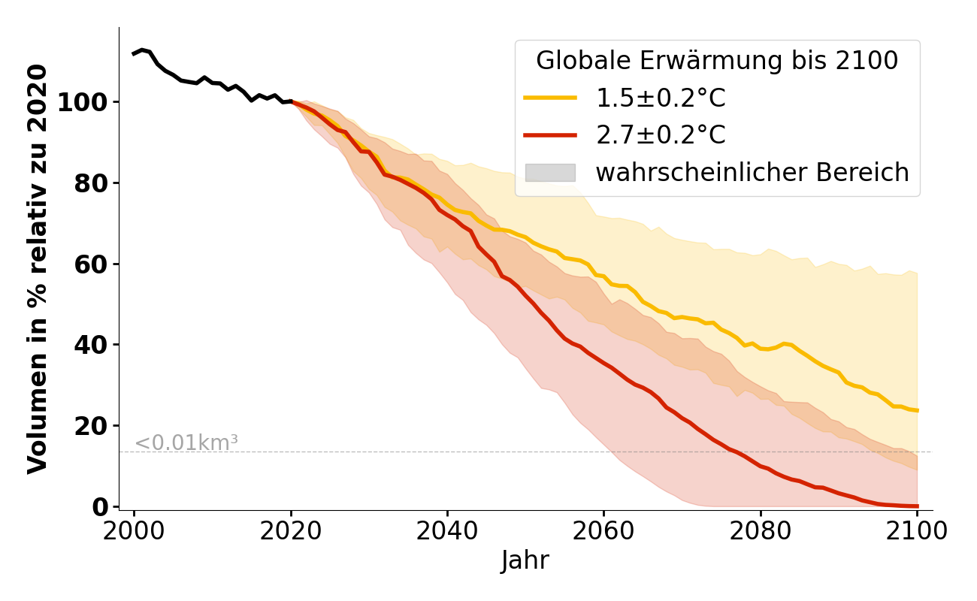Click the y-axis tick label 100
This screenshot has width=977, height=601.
83,102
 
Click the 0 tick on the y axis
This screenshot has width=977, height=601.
100,507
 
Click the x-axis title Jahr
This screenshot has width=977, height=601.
525,561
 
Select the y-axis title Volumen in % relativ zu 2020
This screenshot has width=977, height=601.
38,269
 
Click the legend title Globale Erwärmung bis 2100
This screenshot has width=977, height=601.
717,62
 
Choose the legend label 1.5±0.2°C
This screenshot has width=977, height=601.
661,98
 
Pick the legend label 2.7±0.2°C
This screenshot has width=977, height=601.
661,135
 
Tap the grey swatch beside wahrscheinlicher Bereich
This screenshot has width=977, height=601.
550,173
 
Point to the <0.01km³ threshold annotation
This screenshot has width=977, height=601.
186,443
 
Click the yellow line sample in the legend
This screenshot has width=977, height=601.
550,98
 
